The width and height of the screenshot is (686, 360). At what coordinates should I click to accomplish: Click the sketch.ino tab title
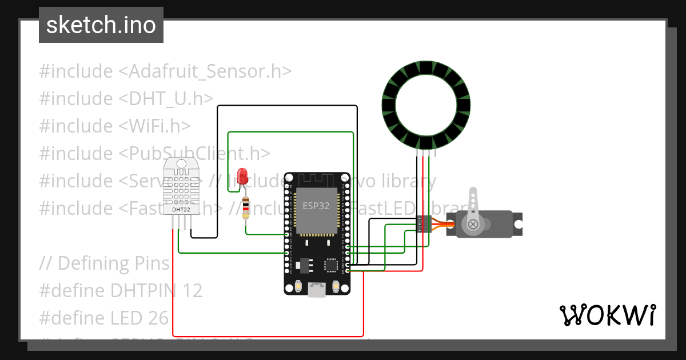click(101, 25)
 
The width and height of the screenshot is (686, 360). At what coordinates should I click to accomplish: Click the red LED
click(242, 174)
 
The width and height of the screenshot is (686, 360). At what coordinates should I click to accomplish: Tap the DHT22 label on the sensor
click(181, 210)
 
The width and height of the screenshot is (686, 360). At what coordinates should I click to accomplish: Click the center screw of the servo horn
click(473, 225)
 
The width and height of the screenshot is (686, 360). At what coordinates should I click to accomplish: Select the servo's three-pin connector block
click(423, 224)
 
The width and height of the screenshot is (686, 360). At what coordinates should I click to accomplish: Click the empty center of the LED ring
click(426, 106)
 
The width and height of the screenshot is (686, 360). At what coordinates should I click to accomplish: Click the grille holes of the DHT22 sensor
click(182, 189)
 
